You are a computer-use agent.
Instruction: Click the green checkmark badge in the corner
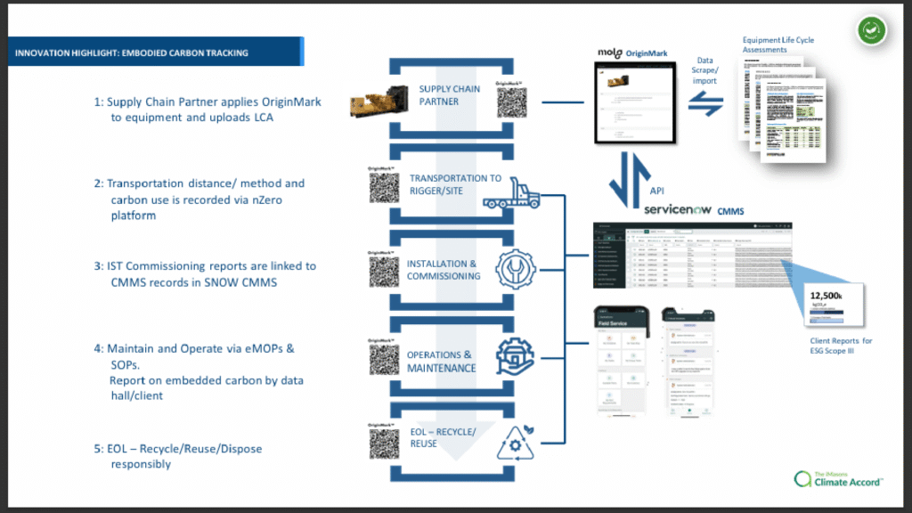coord(872,30)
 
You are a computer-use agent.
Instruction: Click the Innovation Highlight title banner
coord(156,53)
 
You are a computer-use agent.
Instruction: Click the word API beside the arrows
coord(657,190)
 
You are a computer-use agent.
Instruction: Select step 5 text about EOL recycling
coord(178,456)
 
